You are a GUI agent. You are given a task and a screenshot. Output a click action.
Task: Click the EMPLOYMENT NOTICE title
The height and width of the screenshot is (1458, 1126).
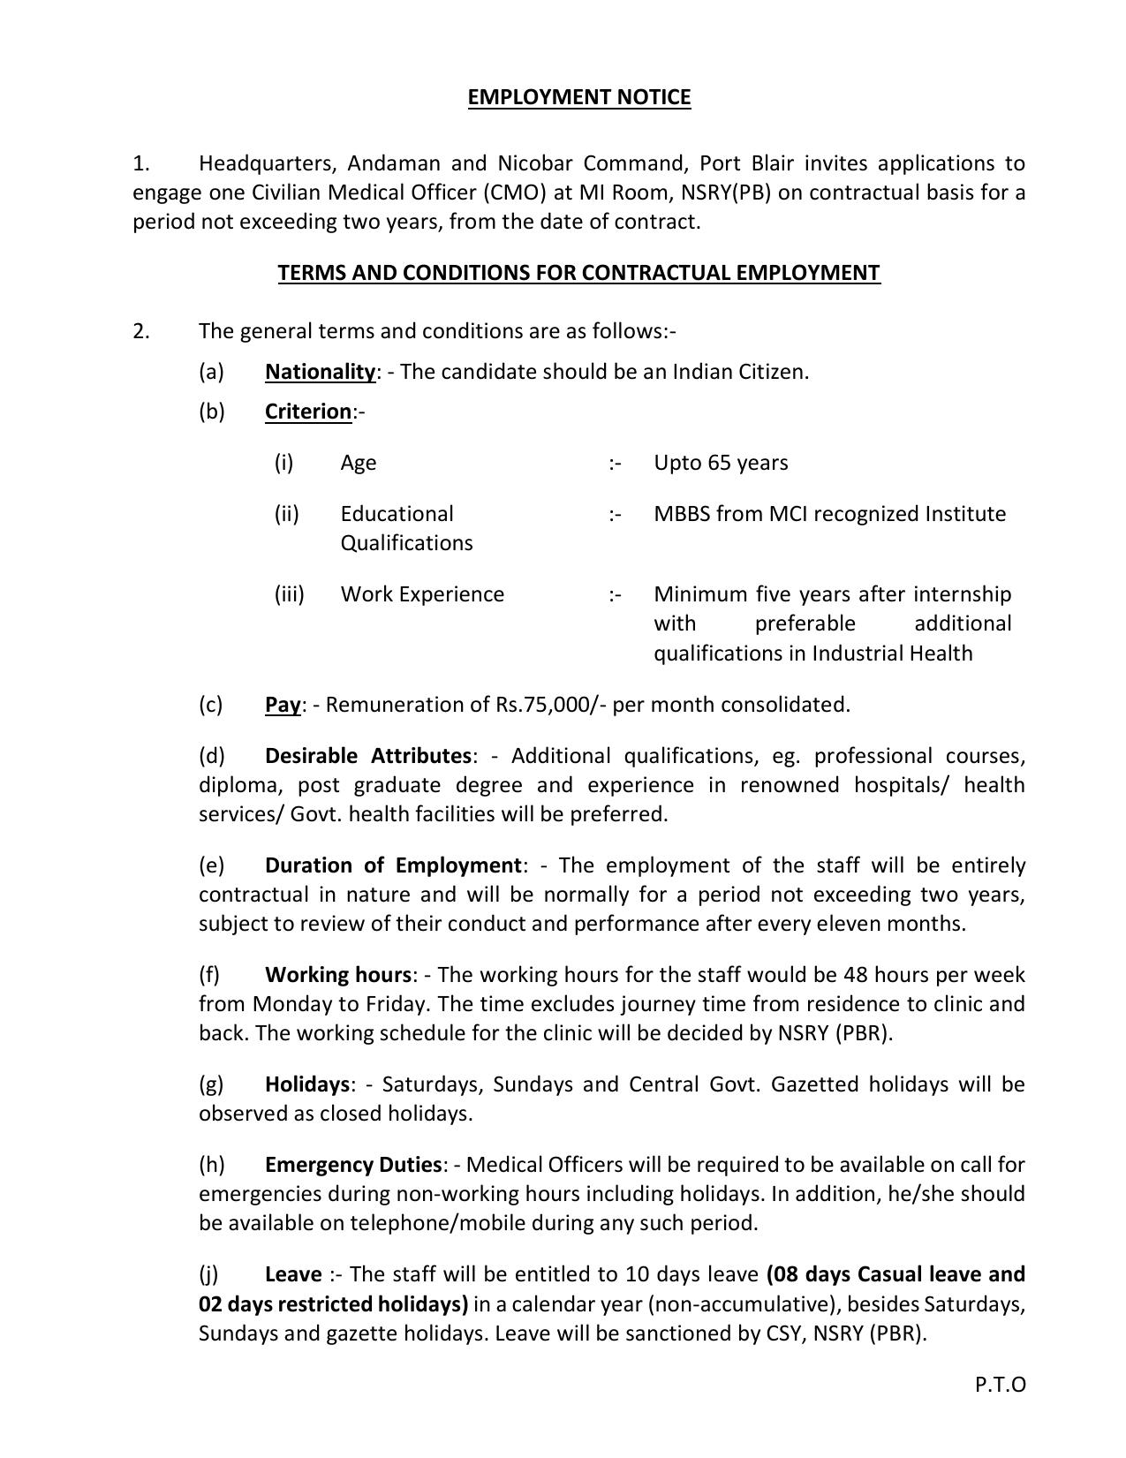pyautogui.click(x=578, y=97)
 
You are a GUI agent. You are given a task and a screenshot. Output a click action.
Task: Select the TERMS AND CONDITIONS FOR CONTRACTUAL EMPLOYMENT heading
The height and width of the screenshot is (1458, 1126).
pyautogui.click(x=578, y=273)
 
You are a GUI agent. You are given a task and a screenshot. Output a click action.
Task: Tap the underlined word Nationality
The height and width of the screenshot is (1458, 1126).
pyautogui.click(x=320, y=372)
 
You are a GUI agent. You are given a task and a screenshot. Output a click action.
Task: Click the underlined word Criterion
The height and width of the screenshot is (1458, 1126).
pyautogui.click(x=307, y=412)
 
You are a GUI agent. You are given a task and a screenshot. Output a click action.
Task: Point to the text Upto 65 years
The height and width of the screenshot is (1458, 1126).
pyautogui.click(x=721, y=463)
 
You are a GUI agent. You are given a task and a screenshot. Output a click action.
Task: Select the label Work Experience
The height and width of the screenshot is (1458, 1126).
pyautogui.click(x=422, y=594)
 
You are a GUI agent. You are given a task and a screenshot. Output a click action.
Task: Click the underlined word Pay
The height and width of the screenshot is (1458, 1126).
pyautogui.click(x=283, y=705)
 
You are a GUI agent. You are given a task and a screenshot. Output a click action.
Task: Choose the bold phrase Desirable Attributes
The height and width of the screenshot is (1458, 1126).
pyautogui.click(x=367, y=756)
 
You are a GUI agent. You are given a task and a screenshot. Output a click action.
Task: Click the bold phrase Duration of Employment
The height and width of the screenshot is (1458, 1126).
pyautogui.click(x=393, y=865)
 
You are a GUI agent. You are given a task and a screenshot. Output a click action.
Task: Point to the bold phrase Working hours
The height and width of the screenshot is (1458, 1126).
pyautogui.click(x=337, y=975)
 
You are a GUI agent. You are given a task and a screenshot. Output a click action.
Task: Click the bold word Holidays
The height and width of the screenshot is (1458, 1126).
pyautogui.click(x=307, y=1084)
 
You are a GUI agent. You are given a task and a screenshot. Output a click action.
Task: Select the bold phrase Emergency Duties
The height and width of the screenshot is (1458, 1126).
pyautogui.click(x=352, y=1165)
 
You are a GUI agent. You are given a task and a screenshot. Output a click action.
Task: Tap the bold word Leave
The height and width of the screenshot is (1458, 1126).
pyautogui.click(x=293, y=1274)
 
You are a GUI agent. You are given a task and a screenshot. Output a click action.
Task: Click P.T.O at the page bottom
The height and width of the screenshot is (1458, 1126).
pyautogui.click(x=1000, y=1385)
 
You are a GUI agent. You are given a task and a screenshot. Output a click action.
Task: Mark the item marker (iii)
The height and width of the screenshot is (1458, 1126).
pyautogui.click(x=289, y=594)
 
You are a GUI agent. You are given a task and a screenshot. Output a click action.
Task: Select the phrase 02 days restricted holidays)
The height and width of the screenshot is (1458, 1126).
pyautogui.click(x=333, y=1304)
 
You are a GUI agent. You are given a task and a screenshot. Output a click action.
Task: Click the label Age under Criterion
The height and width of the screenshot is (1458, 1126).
pyautogui.click(x=359, y=463)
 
